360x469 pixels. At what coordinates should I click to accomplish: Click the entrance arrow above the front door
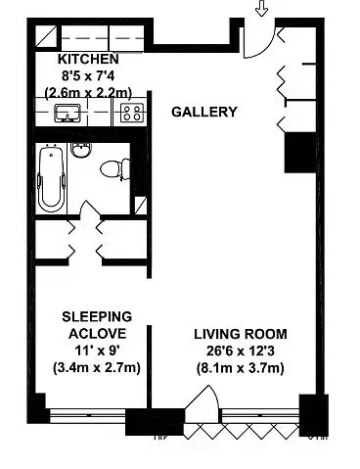click(x=260, y=9)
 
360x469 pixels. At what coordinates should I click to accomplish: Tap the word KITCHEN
click(x=96, y=59)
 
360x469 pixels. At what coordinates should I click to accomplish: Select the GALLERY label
click(x=204, y=112)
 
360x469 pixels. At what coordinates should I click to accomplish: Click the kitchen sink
click(x=67, y=113)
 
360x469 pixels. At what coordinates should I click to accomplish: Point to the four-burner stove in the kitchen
click(x=129, y=114)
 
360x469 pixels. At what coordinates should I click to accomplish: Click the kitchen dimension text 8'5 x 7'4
click(x=96, y=75)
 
